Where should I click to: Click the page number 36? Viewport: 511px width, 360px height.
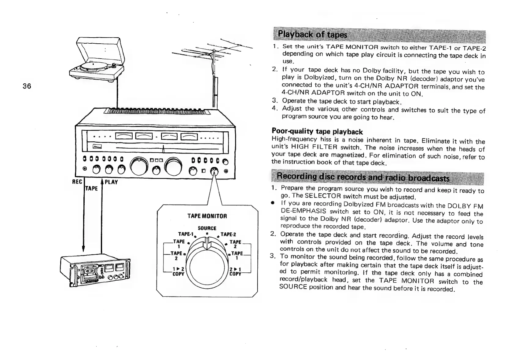tap(27, 86)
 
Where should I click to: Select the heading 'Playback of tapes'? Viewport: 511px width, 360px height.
tap(312, 34)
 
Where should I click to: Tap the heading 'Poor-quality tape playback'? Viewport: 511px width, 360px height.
tap(317, 132)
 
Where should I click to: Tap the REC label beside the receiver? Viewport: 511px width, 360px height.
tap(77, 182)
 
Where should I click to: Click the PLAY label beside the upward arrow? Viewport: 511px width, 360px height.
tap(111, 182)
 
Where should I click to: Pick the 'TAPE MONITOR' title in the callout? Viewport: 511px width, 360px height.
tap(207, 216)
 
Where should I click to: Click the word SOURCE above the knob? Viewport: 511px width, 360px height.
tap(207, 228)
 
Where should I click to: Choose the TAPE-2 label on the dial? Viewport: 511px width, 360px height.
tap(228, 235)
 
